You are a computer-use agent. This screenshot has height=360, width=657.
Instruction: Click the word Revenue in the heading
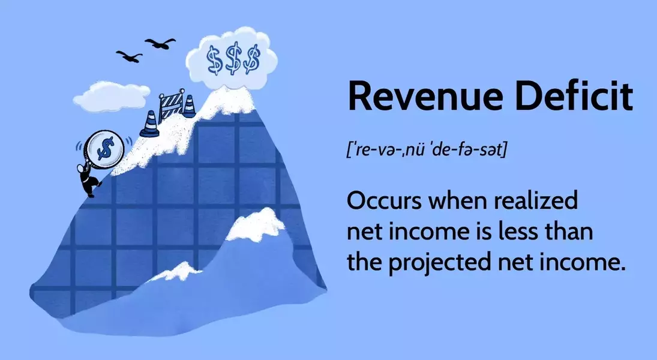tap(425, 97)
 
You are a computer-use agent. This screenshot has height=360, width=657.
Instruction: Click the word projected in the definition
tap(440, 263)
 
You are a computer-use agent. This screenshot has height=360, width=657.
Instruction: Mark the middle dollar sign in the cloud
tap(233, 59)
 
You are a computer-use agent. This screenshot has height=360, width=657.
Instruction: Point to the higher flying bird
tap(160, 43)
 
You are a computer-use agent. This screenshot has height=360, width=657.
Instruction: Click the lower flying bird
tap(130, 56)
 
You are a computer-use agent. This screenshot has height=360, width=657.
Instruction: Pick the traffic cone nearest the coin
tap(149, 124)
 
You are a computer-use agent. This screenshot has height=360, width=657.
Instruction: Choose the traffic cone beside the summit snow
tap(189, 106)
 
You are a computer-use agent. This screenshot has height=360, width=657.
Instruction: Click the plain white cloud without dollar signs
tap(111, 96)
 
